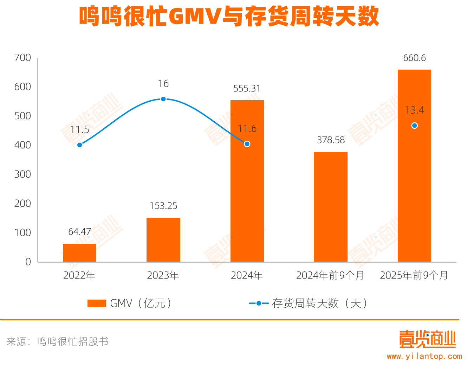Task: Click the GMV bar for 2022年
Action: coord(79,253)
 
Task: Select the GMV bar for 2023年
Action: coord(163,239)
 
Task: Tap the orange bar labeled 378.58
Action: coord(331,207)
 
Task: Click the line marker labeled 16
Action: coord(163,99)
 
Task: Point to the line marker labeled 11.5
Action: coord(80,145)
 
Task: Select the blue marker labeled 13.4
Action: coord(414,126)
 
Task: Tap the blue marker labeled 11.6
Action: coord(247,144)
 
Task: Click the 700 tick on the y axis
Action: coord(22,58)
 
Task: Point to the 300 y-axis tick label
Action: coord(22,174)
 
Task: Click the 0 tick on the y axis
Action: coord(28,262)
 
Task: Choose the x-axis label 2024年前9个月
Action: coord(330,275)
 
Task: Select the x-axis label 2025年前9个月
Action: coord(414,275)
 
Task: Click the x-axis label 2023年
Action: coord(163,275)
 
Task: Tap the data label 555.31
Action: coord(247,89)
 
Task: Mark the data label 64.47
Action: coord(80,232)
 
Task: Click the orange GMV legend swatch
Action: coord(97,303)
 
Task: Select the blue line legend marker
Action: coord(259,303)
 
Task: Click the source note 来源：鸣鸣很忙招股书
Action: coord(57,341)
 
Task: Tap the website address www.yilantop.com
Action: coord(424,356)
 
